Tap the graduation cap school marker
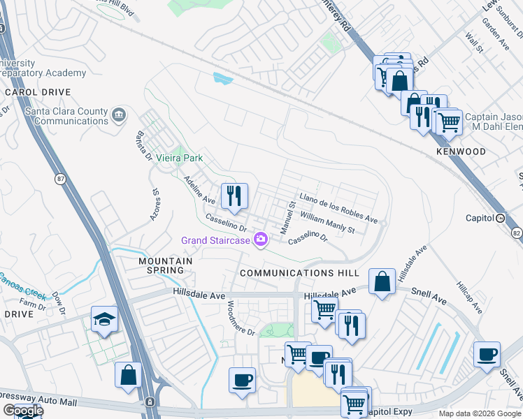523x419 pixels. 104,320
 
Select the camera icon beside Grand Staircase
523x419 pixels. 261,240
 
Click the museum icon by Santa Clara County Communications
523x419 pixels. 119,114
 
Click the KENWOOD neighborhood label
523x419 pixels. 461,152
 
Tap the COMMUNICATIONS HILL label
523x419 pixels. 299,273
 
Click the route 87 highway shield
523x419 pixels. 61,179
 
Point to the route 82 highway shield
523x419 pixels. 517,231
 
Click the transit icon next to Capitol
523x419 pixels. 501,218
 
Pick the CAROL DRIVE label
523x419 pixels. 38,92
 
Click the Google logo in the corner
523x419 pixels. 22,411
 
